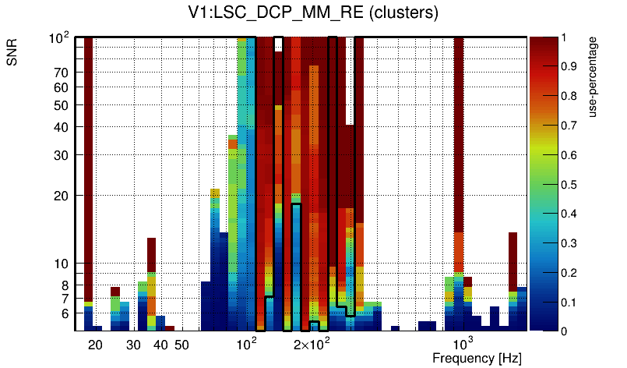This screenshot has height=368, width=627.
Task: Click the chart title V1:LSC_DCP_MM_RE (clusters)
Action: pyautogui.click(x=313, y=14)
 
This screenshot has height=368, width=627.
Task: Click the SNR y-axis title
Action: pyautogui.click(x=12, y=54)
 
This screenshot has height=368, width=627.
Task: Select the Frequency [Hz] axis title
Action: pyautogui.click(x=477, y=358)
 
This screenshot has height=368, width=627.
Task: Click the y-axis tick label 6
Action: pyautogui.click(x=66, y=313)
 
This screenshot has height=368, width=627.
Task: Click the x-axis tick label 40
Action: pyautogui.click(x=160, y=345)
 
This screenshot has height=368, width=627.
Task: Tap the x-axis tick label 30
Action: pyautogui.click(x=133, y=345)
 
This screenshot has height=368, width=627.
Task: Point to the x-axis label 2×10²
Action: pyautogui.click(x=312, y=343)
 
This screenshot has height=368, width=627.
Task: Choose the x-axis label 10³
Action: pyautogui.click(x=463, y=343)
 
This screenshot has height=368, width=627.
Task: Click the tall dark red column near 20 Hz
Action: pyautogui.click(x=89, y=156)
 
